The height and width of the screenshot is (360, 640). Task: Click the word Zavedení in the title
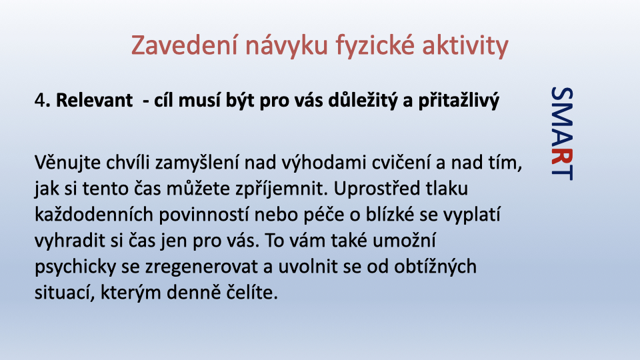pos(184,45)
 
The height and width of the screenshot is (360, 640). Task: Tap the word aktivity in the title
pos(465,46)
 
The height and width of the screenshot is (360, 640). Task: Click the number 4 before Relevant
pos(39,100)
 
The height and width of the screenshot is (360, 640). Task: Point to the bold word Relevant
pos(94,100)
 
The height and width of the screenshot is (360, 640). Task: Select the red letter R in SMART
pos(562,157)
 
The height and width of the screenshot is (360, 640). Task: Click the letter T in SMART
pos(562,172)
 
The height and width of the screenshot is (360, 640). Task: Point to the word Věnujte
pos(67,163)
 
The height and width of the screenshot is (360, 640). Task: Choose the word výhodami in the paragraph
pos(335,163)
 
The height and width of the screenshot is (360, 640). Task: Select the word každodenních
pos(94,215)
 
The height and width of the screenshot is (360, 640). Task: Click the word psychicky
pos(75,267)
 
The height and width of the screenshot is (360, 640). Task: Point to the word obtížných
pos(435,267)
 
